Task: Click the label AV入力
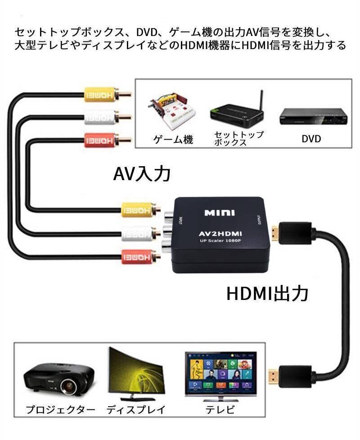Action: pos(142,173)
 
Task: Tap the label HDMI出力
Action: pos(267,294)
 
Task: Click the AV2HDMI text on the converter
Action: pos(220,234)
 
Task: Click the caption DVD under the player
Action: pos(311,139)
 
